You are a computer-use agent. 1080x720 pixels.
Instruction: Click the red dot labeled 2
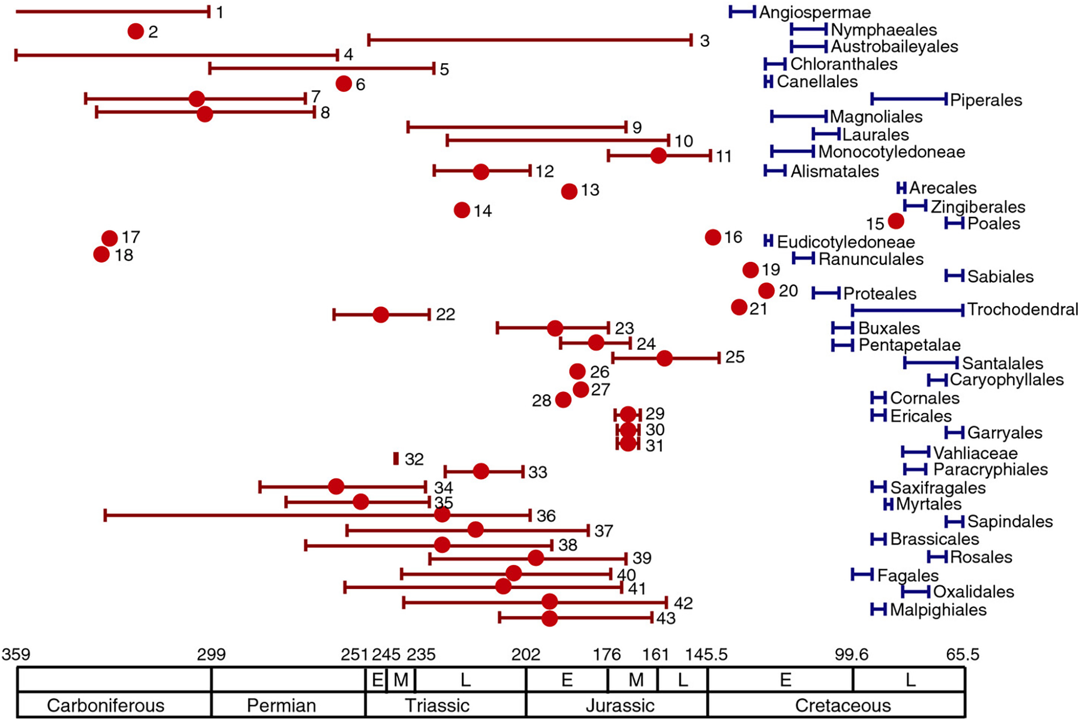tap(135, 31)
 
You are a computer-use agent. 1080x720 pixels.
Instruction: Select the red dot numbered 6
tap(344, 83)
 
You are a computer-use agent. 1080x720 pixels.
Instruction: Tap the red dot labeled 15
tap(896, 221)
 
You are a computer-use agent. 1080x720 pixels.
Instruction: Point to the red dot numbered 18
tap(102, 255)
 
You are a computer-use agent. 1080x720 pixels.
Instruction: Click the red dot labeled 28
tap(563, 400)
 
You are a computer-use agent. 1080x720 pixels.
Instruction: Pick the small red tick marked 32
tap(396, 458)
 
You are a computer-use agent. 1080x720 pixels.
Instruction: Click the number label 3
tap(704, 41)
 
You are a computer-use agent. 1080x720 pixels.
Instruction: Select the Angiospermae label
tap(815, 12)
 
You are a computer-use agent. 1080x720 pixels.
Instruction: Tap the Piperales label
tap(986, 100)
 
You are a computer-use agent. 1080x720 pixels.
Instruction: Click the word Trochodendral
tap(1022, 309)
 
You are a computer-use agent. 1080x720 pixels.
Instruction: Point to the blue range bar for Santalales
tap(931, 363)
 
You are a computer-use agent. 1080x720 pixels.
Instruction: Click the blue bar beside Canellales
tap(768, 81)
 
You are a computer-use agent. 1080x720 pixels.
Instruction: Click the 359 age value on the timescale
tap(16, 654)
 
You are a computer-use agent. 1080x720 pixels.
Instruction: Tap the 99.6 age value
tap(851, 654)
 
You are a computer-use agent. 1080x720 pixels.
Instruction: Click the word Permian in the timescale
tap(281, 706)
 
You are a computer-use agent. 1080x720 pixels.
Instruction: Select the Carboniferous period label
tap(106, 706)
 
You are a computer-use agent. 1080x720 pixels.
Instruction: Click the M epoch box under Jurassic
tap(635, 680)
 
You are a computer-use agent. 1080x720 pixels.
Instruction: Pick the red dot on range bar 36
tap(442, 515)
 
